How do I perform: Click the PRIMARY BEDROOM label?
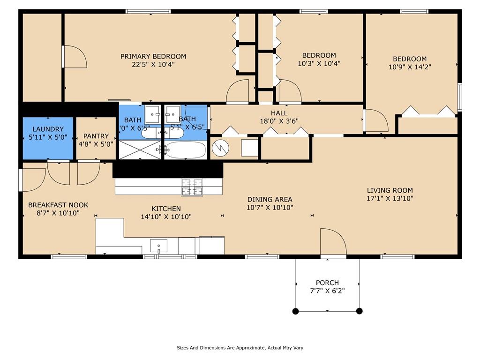[x=153, y=57]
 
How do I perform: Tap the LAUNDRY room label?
[x=48, y=129]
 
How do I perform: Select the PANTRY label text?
[x=96, y=136]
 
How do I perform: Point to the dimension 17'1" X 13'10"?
[x=390, y=198]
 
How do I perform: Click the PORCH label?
[x=327, y=283]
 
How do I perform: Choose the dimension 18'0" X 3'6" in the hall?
[x=279, y=121]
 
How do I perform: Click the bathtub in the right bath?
[x=186, y=150]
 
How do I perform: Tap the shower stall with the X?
[x=140, y=150]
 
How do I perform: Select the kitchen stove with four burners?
[x=192, y=187]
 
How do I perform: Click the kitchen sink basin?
[x=158, y=246]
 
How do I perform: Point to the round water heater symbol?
[x=220, y=148]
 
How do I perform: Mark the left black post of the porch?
[x=295, y=311]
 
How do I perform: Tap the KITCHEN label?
[x=166, y=209]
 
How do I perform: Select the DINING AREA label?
[x=270, y=200]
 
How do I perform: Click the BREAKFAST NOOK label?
[x=58, y=205]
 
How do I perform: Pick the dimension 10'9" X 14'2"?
[x=410, y=67]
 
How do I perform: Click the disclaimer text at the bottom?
[x=240, y=348]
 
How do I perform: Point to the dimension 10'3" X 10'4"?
[x=319, y=63]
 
